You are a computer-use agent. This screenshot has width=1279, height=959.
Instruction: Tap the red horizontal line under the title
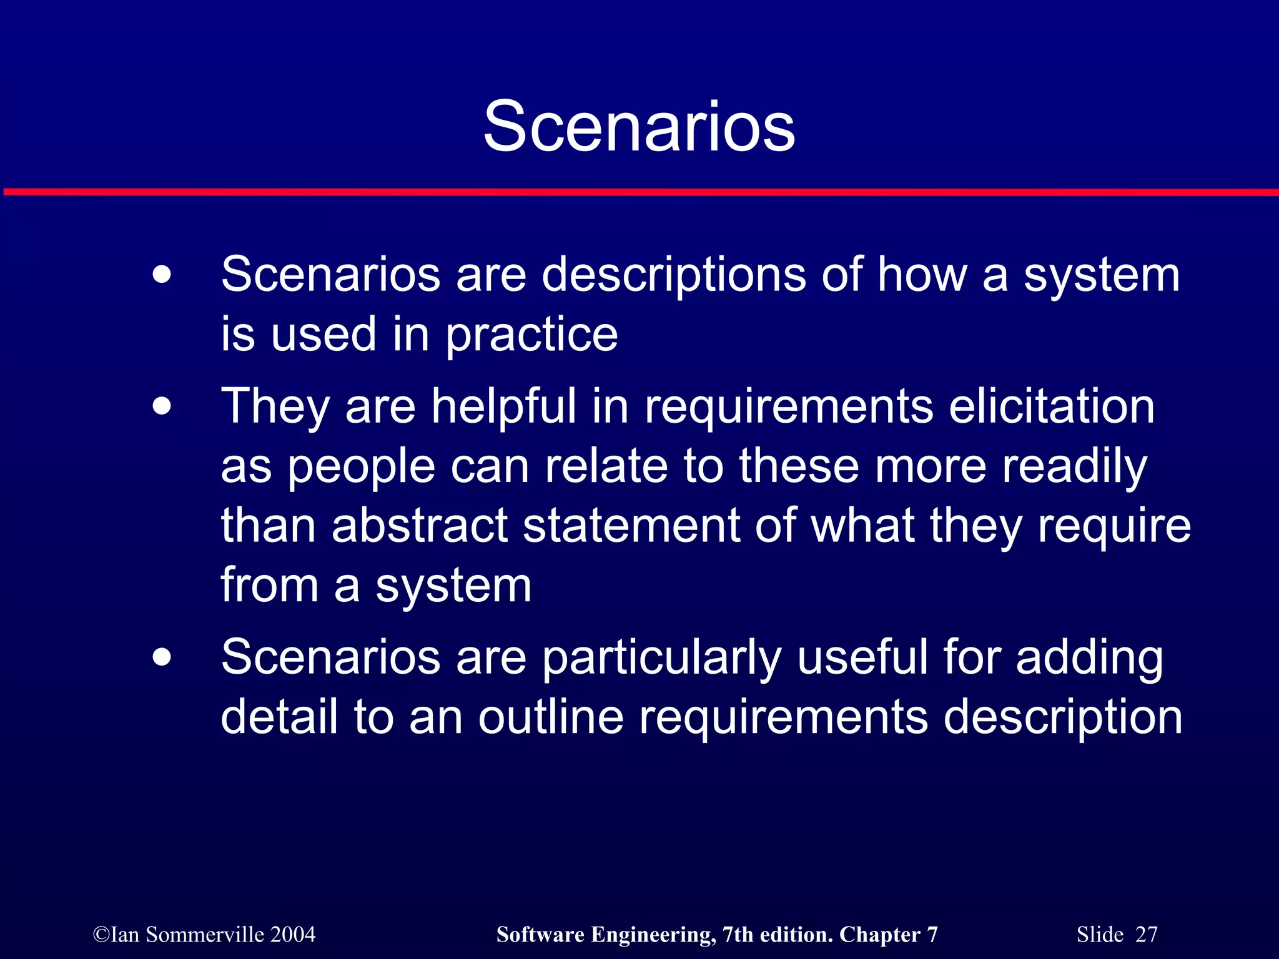(x=639, y=192)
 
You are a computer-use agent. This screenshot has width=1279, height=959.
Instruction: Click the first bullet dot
(x=162, y=275)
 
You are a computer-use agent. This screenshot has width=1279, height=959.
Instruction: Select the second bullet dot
(x=162, y=407)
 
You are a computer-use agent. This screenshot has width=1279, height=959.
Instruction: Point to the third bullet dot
(x=162, y=657)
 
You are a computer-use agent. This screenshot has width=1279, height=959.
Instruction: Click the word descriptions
(x=673, y=276)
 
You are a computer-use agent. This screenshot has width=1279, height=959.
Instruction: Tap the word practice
(x=531, y=335)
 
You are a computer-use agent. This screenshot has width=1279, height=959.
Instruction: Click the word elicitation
(x=1052, y=406)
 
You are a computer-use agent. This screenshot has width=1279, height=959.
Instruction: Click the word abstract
(x=420, y=526)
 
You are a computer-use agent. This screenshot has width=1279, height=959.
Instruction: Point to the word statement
(x=631, y=526)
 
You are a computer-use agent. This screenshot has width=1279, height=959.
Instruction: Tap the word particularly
(x=661, y=658)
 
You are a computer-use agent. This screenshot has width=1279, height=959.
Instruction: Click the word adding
(x=1089, y=658)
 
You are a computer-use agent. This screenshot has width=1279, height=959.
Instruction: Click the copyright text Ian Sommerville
(x=187, y=935)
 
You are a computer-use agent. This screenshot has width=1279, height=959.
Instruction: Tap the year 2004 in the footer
(x=293, y=935)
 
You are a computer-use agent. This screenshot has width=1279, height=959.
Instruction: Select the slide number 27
(x=1146, y=935)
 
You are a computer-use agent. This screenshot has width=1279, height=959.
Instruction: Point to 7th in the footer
(x=738, y=935)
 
